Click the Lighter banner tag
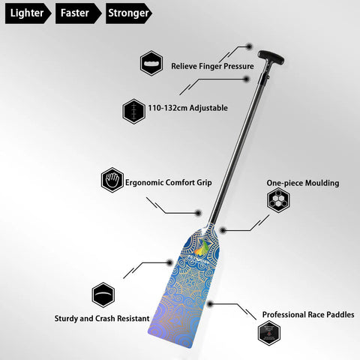pos(28,13)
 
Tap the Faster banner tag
pos(79,13)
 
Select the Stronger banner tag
pos(129,13)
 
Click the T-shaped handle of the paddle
pos(271,58)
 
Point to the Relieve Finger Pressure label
pos(212,66)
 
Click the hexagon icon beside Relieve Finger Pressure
pos(151,63)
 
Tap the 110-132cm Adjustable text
pos(188,108)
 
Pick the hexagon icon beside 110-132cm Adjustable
pos(134,111)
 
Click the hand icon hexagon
pos(112,180)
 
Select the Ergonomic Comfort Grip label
pos(169,182)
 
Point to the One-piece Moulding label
pos(303,183)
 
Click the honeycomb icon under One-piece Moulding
pos(278,200)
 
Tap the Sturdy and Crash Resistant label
pos(102,319)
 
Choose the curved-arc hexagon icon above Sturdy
pos(103,295)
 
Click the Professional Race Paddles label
pos(308,314)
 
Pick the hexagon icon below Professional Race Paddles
pos(269,333)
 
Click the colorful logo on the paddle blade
pos(201,247)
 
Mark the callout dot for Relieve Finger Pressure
pos(249,46)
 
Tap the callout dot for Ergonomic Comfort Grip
pos(198,213)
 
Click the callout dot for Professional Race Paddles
pos(210,304)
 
